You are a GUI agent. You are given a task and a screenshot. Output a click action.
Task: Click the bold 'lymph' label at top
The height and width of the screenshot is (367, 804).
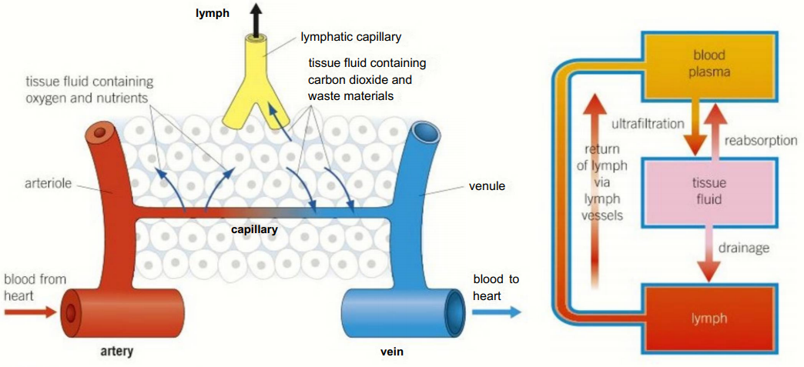212,13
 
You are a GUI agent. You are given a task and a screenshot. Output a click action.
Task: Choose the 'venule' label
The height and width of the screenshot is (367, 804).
486,186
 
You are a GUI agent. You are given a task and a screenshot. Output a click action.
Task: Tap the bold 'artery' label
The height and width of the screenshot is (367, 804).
117,352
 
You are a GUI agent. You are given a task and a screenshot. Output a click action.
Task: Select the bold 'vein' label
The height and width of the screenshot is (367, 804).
392,352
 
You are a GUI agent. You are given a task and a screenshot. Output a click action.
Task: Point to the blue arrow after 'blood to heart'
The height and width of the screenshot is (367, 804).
496,312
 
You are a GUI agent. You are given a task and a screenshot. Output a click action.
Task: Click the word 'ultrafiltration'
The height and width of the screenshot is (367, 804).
648,124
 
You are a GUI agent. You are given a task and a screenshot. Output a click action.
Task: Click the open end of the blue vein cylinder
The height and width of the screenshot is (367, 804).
453,311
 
